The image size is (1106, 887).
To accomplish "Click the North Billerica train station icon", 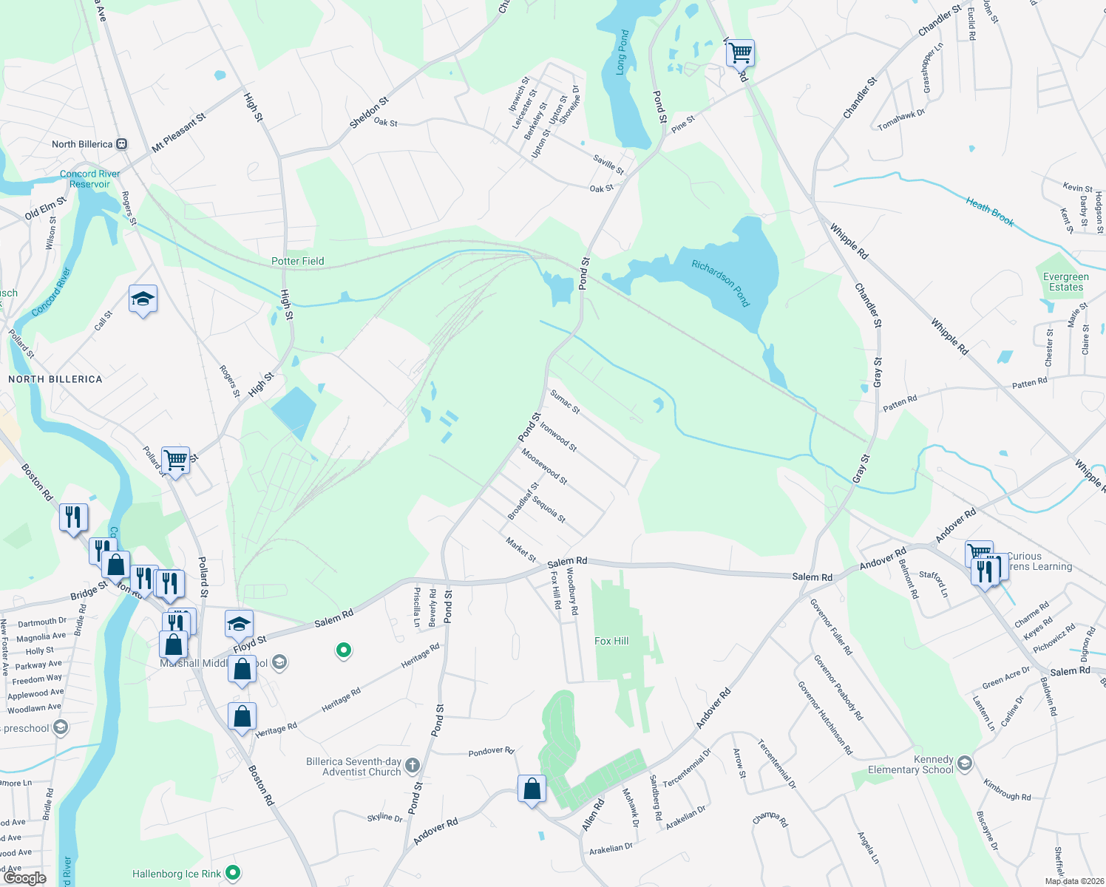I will [x=122, y=144].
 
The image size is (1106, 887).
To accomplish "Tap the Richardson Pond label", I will [x=721, y=283].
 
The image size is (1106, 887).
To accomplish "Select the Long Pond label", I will [x=622, y=52].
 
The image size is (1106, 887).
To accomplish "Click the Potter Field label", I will [x=297, y=261].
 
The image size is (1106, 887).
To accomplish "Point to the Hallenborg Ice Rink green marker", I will [x=233, y=873].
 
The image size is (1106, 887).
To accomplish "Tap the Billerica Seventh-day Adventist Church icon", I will [x=413, y=766].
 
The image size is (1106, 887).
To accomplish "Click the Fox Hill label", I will [x=611, y=641].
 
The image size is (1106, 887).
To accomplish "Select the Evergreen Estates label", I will [x=1065, y=282].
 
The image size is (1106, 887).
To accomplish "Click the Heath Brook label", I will [x=990, y=211].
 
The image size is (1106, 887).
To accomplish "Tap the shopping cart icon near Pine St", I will [x=740, y=53].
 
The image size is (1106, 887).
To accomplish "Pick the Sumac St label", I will [x=566, y=403].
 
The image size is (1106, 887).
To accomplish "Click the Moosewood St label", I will [x=544, y=466].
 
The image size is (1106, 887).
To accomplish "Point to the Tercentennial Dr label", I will [x=776, y=764].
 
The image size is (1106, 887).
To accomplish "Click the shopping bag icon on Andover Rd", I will [x=532, y=789].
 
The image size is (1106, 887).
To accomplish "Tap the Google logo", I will [x=24, y=878].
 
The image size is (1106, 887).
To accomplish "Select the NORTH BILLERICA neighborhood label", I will [x=55, y=379].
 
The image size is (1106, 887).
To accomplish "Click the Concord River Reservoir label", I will [x=89, y=179].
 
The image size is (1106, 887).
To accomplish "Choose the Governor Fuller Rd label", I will [x=831, y=627].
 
